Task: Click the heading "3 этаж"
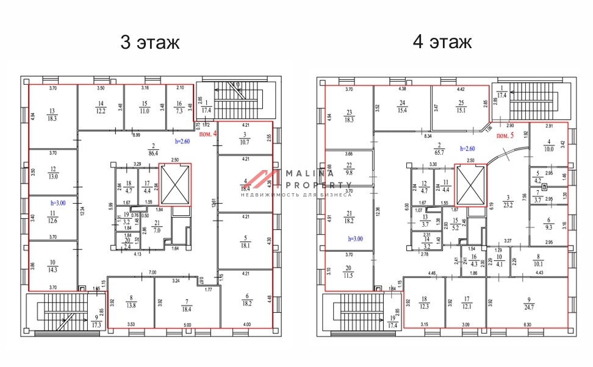(150, 43)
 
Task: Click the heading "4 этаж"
(442, 43)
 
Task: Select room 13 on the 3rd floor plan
(52, 115)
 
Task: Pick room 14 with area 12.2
(101, 107)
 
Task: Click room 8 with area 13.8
(132, 302)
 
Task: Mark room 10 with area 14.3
(52, 266)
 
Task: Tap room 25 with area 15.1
(461, 107)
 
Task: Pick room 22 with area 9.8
(349, 169)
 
